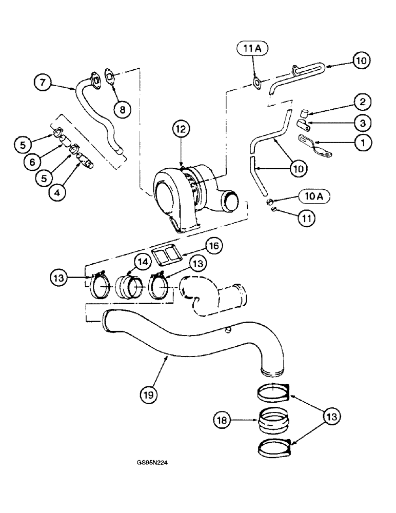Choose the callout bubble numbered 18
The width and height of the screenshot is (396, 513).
pos(223,421)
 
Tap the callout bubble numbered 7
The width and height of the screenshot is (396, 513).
pos(44,82)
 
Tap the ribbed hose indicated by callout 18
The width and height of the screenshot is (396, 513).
pos(273,422)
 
